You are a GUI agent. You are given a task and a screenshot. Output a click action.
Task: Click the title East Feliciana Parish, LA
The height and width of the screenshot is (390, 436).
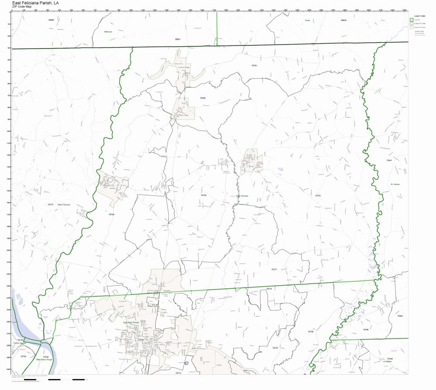[x=35, y=3]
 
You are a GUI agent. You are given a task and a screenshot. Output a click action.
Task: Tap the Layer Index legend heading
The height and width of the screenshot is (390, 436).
[x=419, y=16]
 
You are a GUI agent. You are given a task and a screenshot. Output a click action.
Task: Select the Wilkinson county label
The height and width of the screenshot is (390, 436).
[x=108, y=32]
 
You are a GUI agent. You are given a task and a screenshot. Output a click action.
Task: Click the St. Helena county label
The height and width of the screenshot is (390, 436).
[x=395, y=185]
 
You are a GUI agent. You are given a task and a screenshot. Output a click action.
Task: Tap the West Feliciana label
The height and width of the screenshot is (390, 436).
[x=63, y=205]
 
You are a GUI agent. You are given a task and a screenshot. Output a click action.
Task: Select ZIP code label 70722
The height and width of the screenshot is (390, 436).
[x=318, y=195]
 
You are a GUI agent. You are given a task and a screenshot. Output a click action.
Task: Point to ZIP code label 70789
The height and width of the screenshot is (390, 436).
[x=202, y=98]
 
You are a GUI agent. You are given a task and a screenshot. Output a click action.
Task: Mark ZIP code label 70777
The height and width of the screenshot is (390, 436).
[x=274, y=270]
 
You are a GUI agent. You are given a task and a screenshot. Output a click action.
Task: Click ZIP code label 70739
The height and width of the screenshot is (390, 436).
[x=310, y=332]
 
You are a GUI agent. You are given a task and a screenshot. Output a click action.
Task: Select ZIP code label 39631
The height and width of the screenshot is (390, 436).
[x=177, y=39]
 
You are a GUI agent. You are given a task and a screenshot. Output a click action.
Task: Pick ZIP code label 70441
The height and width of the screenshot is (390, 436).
[x=389, y=160]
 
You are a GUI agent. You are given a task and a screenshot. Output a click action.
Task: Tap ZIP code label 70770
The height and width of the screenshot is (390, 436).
[x=275, y=348]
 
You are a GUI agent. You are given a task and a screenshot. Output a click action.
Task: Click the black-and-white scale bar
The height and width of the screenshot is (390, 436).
[x=66, y=380]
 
